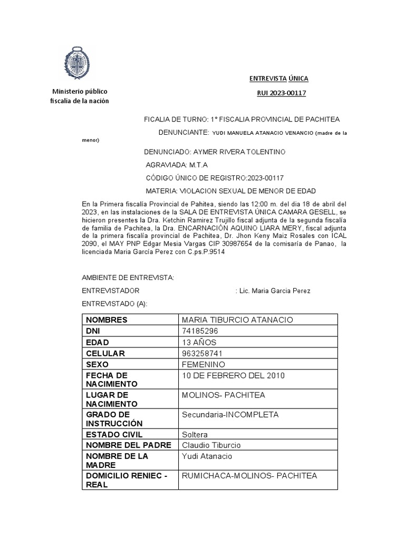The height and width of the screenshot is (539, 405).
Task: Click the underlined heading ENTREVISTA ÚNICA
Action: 278,78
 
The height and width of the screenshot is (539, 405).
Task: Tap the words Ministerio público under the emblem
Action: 79,91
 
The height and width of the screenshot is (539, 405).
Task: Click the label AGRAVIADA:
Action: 163,165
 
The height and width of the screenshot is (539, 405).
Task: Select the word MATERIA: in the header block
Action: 160,191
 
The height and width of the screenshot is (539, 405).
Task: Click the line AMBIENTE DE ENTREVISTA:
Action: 128,277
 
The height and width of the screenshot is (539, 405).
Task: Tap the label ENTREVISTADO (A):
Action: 115,304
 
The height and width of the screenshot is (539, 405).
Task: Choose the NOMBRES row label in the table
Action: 107,320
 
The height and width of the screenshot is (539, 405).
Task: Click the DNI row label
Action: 93,331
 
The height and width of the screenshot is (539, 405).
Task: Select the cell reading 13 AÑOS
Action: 199,342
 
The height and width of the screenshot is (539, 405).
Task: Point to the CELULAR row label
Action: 105,353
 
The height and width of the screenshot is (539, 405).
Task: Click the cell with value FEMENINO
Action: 203,364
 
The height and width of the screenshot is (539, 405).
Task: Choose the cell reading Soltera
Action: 195,435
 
